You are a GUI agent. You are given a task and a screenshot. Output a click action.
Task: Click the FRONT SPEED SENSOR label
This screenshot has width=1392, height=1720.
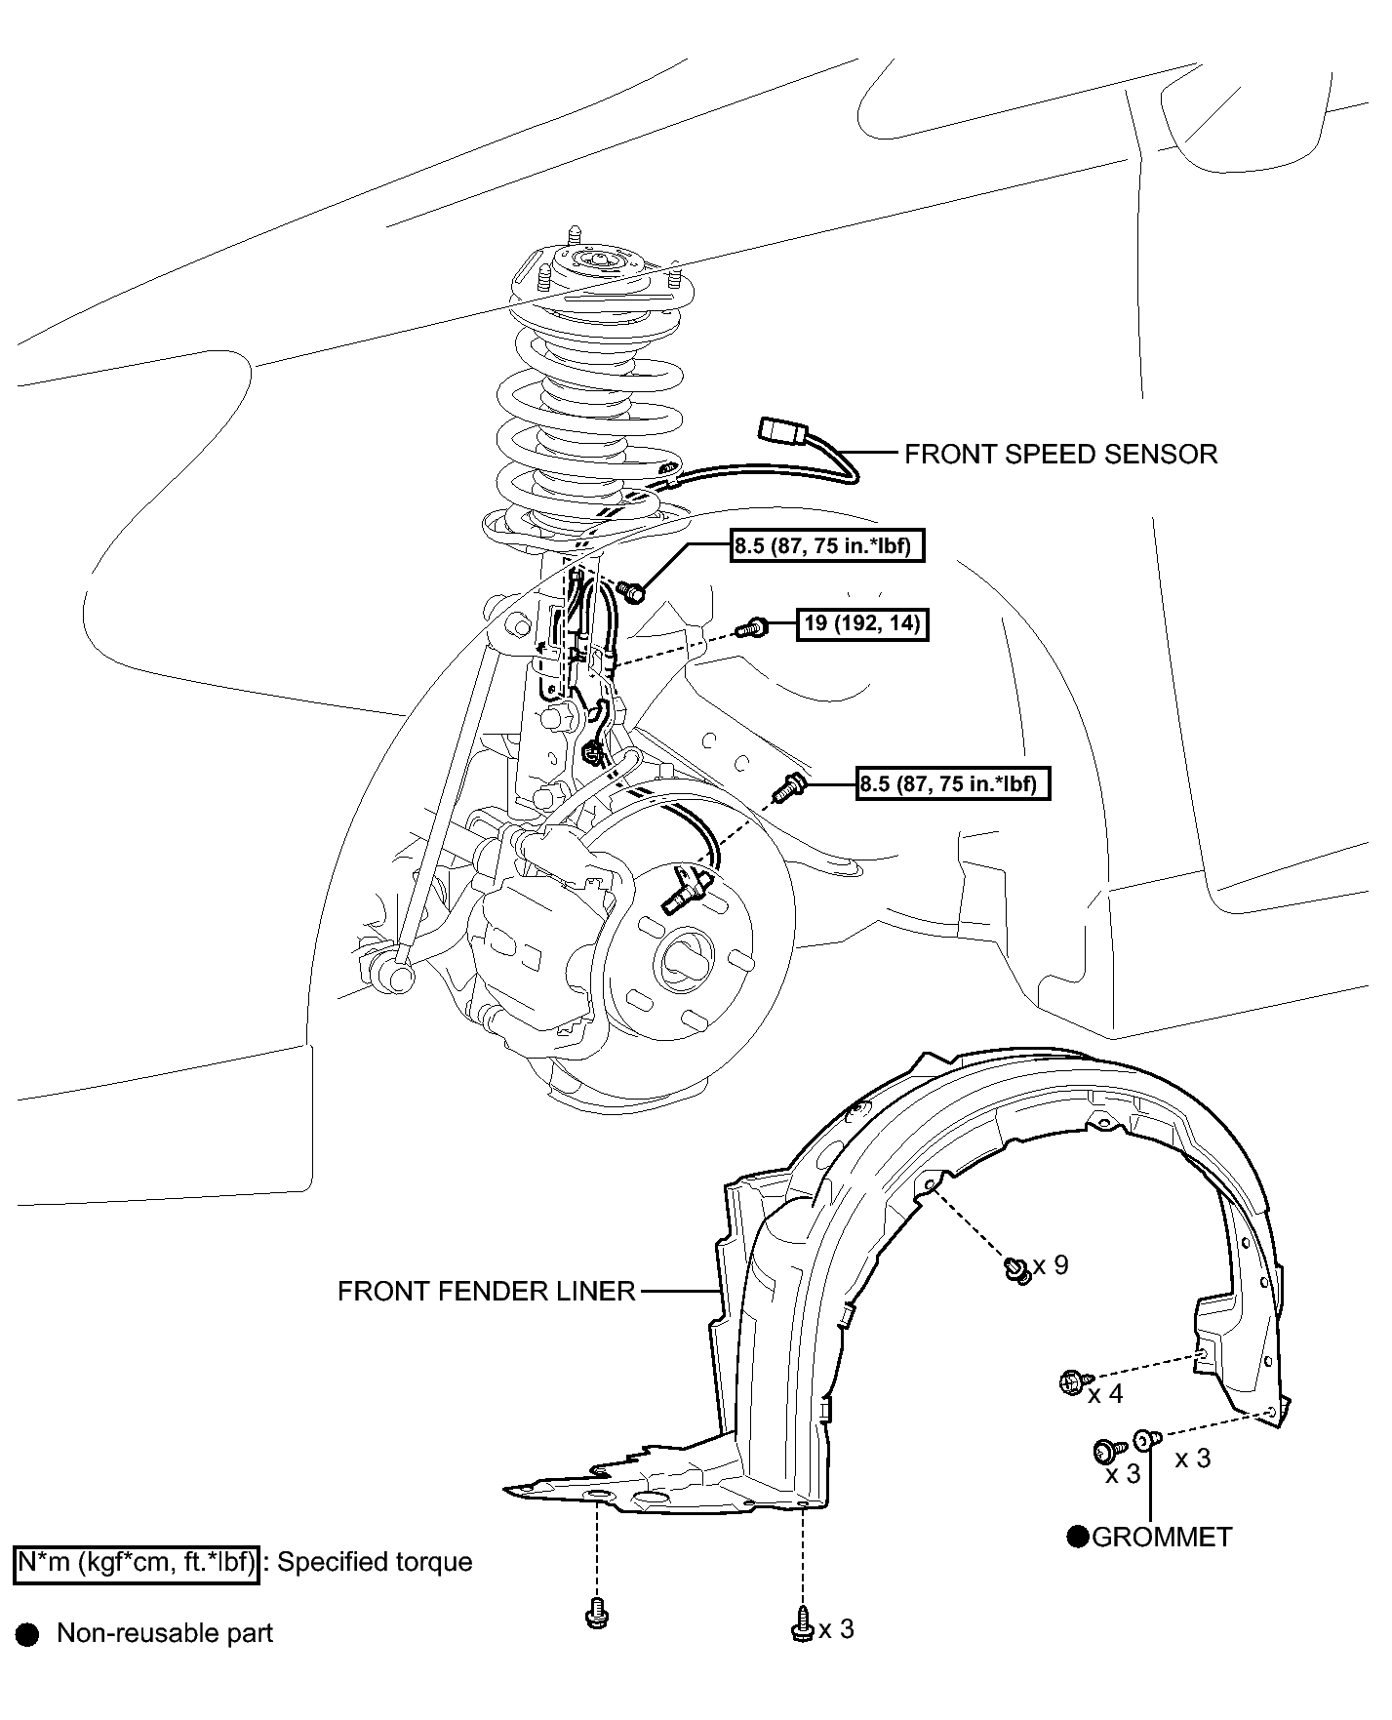click(x=1060, y=455)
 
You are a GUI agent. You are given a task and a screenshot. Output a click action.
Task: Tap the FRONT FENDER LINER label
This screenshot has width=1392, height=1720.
click(x=486, y=1292)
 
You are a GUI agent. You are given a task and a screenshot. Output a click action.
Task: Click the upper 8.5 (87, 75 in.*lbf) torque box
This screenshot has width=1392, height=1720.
click(x=826, y=545)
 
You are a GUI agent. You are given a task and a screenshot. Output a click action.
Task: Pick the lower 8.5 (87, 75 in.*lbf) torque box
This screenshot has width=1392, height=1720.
click(x=953, y=782)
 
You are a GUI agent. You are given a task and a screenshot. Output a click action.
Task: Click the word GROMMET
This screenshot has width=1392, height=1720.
click(x=1162, y=1538)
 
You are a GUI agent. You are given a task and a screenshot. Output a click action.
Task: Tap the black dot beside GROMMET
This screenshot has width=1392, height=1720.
click(x=1078, y=1538)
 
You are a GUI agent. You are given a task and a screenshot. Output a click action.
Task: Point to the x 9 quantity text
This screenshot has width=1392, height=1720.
click(x=1052, y=1265)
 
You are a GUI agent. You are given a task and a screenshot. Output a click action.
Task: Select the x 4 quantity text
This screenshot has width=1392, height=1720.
click(x=1105, y=1394)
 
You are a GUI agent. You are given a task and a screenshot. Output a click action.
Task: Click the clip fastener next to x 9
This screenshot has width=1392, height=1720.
click(x=1016, y=1270)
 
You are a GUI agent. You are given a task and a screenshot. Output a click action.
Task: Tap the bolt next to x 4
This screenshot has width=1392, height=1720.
click(x=1071, y=1381)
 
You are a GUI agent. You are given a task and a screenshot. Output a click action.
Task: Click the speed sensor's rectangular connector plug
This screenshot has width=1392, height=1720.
click(x=780, y=430)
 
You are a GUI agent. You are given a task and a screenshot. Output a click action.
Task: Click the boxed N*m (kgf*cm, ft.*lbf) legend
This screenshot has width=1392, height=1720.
click(x=137, y=1563)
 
